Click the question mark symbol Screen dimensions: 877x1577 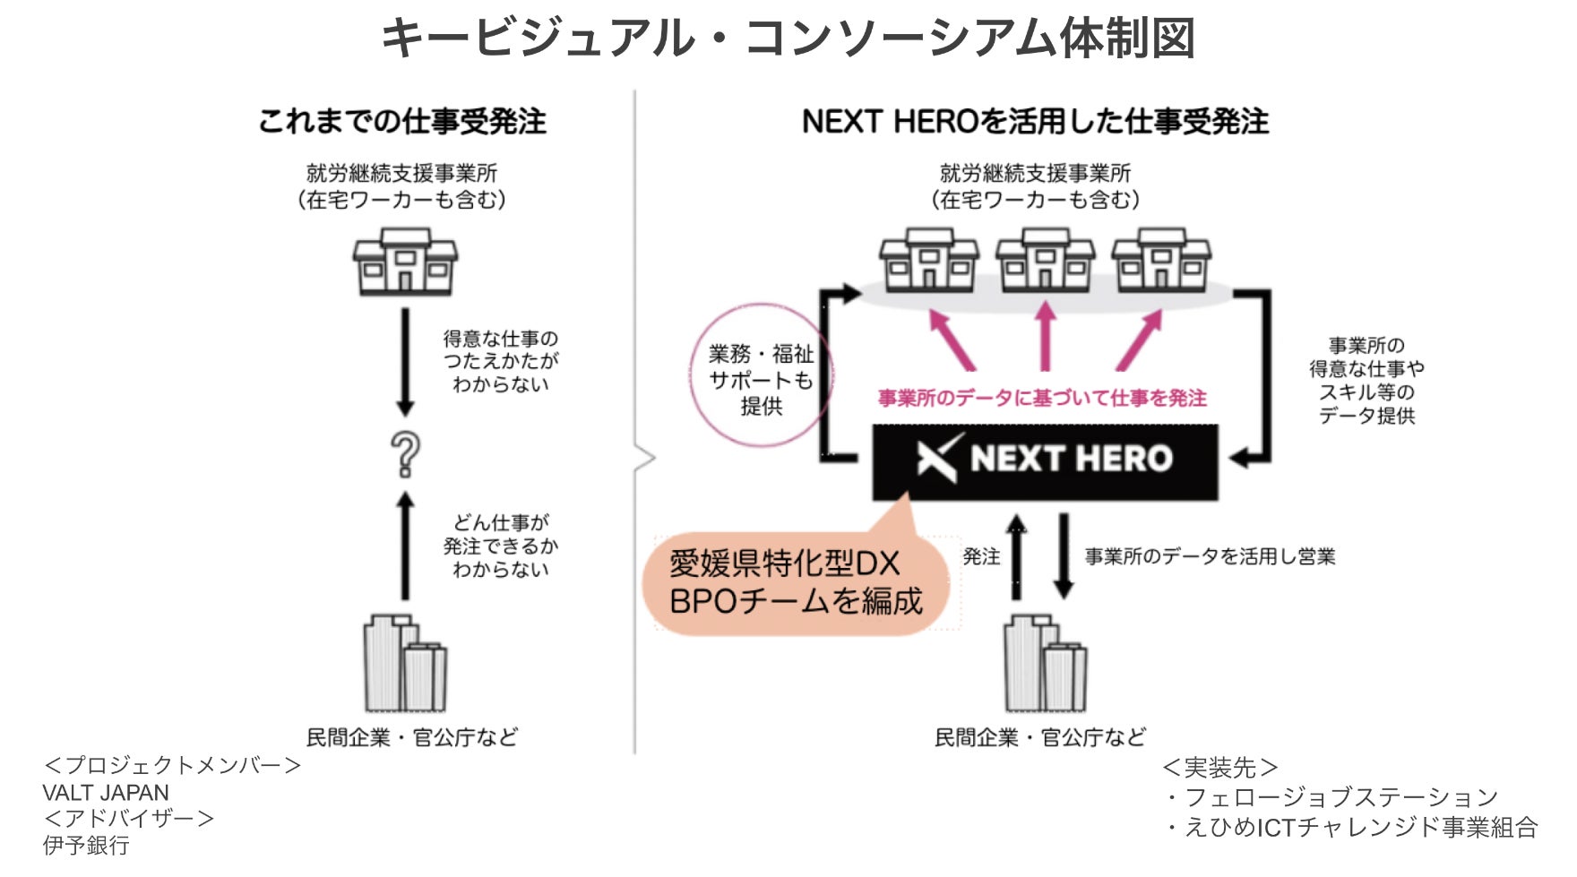(x=405, y=454)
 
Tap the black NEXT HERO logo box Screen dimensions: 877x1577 (x=1045, y=460)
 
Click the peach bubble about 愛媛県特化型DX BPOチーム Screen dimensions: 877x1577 (x=796, y=583)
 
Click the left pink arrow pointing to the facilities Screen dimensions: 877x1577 (x=952, y=340)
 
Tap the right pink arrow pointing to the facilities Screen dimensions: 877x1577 (x=1139, y=340)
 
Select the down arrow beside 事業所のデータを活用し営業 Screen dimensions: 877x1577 (x=1064, y=555)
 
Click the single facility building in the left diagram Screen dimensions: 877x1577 (x=405, y=261)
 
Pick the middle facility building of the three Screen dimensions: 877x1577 (x=1045, y=259)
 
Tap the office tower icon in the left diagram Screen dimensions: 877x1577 (x=405, y=664)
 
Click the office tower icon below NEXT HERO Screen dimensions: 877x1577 (x=1045, y=664)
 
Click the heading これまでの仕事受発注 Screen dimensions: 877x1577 (x=402, y=122)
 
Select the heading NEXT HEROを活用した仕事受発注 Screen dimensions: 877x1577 (x=1035, y=122)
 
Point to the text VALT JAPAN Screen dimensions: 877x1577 (x=106, y=793)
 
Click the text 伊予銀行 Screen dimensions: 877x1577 (x=86, y=846)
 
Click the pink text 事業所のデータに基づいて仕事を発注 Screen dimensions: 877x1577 (x=1042, y=398)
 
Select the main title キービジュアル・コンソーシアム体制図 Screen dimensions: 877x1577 (x=788, y=39)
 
